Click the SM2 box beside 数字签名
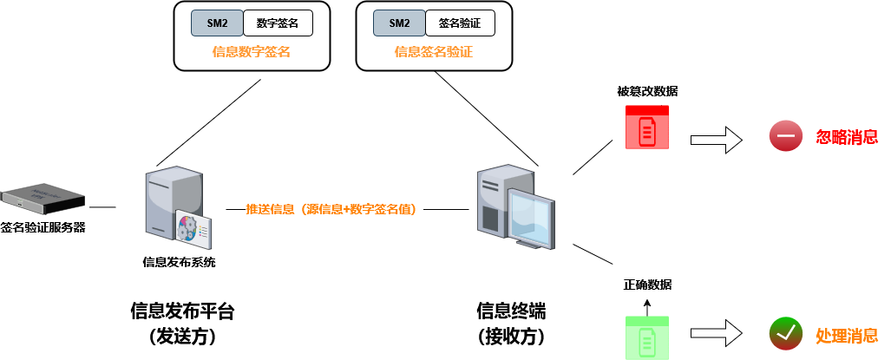(x=217, y=23)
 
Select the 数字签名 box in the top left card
(x=278, y=23)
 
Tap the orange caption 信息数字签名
(x=252, y=52)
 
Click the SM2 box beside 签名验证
(x=399, y=23)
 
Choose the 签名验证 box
(x=460, y=23)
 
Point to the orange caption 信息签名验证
(x=434, y=52)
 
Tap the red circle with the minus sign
(x=786, y=136)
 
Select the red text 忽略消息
(x=847, y=137)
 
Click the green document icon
(x=647, y=340)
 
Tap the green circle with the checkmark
(x=786, y=333)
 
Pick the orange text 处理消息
(x=847, y=335)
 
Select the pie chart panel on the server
(x=193, y=229)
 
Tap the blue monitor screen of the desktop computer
(x=530, y=218)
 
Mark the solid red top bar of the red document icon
(x=647, y=110)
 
